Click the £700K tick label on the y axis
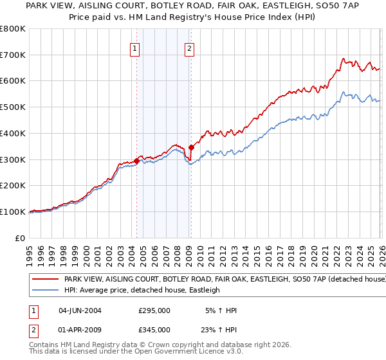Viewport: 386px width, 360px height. [x=13, y=55]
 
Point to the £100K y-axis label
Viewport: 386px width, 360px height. [x=13, y=212]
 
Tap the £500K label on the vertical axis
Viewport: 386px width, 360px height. [x=13, y=107]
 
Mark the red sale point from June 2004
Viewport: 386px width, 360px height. [x=136, y=161]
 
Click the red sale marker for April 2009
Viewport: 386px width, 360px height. [x=191, y=148]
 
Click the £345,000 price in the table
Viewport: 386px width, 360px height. [x=154, y=330]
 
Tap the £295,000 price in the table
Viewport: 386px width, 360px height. [x=154, y=310]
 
